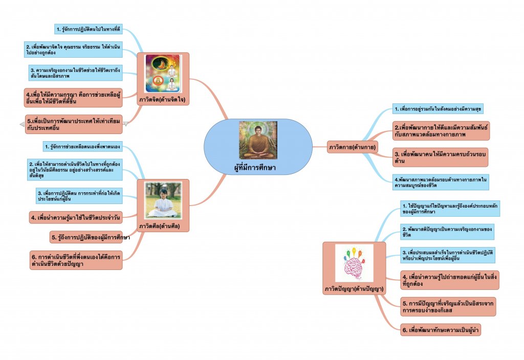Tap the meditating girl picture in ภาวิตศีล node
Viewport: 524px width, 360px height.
pyautogui.click(x=163, y=199)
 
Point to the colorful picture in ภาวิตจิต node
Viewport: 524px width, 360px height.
pyautogui.click(x=163, y=74)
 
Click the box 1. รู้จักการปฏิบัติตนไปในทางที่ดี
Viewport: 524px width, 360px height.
pyautogui.click(x=89, y=29)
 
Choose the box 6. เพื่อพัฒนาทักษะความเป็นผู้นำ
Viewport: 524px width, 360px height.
pyautogui.click(x=441, y=330)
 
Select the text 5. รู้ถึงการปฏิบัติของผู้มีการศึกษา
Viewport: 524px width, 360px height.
pyautogui.click(x=90, y=238)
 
